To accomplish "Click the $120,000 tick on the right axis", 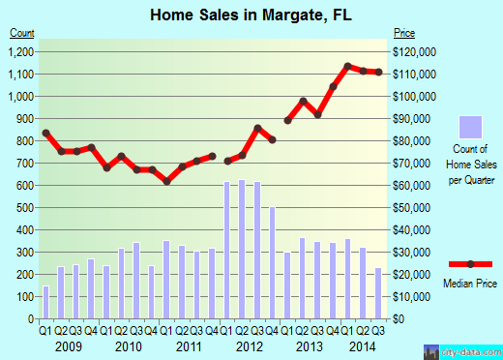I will [411, 51].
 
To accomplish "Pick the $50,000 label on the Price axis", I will [409, 207].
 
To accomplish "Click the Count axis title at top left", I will [22, 33].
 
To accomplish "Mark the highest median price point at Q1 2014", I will [347, 67].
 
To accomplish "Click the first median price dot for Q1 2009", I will [45, 133].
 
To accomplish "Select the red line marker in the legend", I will [470, 264].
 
